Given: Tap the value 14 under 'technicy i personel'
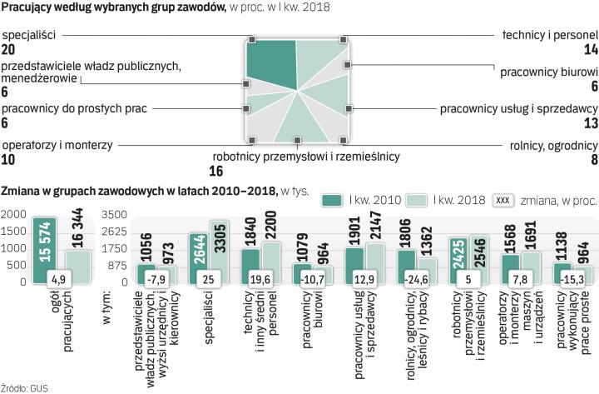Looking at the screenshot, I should tap(592, 50).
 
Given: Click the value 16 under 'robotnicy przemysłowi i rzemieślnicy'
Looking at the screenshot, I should tap(217, 172).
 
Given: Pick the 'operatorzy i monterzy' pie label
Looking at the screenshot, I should tap(57, 145).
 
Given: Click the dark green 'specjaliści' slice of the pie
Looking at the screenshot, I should tap(270, 62).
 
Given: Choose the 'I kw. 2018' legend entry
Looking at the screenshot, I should tap(451, 200).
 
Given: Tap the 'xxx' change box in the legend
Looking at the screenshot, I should tap(502, 200).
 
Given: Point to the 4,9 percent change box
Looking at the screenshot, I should tap(57, 279).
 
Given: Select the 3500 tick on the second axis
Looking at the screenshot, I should tap(111, 215).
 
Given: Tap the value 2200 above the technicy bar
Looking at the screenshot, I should tap(270, 222).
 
